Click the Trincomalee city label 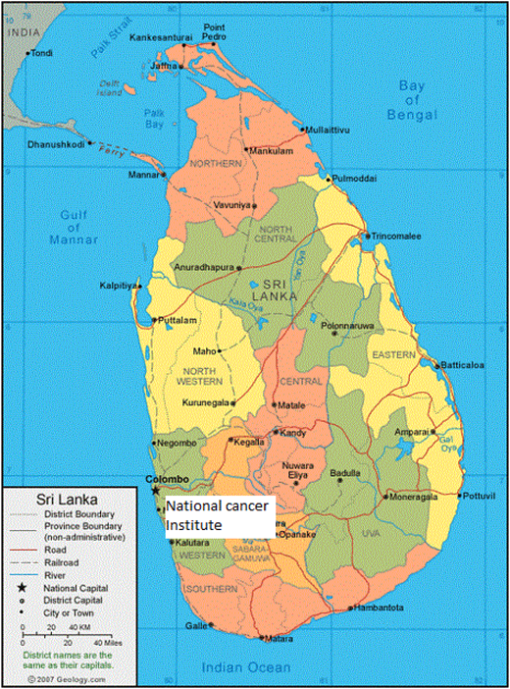(x=396, y=237)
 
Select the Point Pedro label (x=214, y=31)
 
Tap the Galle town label (x=196, y=625)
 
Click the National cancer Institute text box (x=220, y=517)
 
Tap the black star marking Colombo (x=154, y=490)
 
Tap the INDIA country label (x=19, y=32)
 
